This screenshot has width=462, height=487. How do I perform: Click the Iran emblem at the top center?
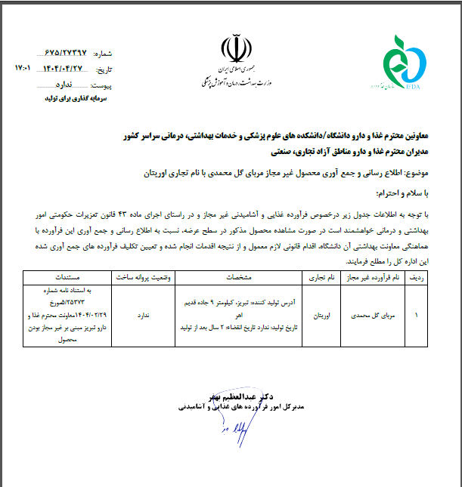click(232, 49)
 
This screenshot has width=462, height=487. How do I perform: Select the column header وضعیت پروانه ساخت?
click(146, 278)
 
